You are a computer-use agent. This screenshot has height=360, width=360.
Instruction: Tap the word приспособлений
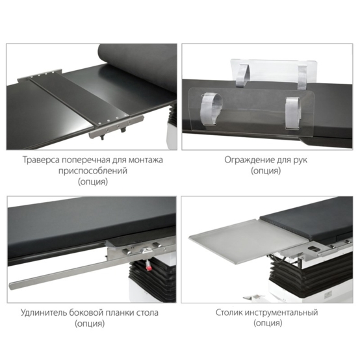(92, 171)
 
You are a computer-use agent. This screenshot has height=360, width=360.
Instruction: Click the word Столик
(229, 313)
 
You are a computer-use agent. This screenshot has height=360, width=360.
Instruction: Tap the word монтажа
(146, 160)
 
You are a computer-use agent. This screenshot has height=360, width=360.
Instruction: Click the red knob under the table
(149, 268)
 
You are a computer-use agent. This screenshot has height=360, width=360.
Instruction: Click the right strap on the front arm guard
(292, 112)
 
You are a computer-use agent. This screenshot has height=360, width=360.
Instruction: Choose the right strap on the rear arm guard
(302, 77)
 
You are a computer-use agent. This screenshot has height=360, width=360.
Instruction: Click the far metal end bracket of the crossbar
(39, 75)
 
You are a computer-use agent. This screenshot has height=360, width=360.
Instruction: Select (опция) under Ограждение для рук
(266, 171)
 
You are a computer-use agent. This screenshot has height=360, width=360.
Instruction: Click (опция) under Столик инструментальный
(268, 323)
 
